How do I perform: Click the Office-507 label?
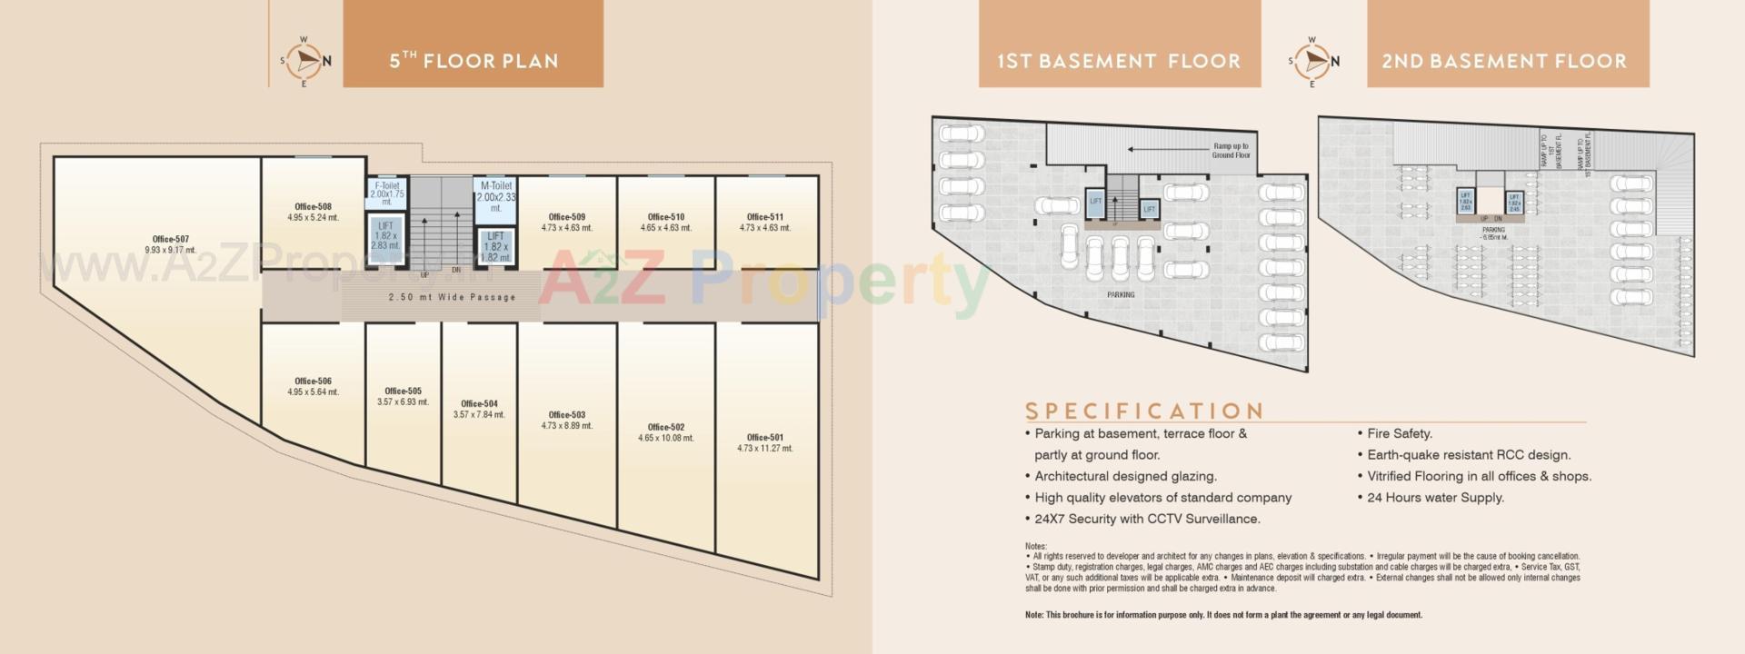coord(170,239)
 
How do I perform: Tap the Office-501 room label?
coord(764,437)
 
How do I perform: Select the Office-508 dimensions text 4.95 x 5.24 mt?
coord(313,218)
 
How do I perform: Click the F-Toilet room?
coord(387,193)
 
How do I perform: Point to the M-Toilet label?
coord(496,185)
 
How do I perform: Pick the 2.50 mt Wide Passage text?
coord(452,297)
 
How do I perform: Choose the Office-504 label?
coord(479,403)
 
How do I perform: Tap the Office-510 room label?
coord(665,217)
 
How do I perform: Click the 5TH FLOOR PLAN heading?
coord(474,61)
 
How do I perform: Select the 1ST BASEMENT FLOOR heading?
coord(1119,61)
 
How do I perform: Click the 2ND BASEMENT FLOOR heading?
coord(1504,61)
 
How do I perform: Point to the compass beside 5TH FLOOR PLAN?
coord(304,61)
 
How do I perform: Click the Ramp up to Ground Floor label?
coord(1231,150)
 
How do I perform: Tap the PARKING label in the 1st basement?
coord(1120,294)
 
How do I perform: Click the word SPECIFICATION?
coord(1144,411)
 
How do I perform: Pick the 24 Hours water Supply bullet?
coord(1435,497)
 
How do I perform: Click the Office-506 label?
coord(313,381)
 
